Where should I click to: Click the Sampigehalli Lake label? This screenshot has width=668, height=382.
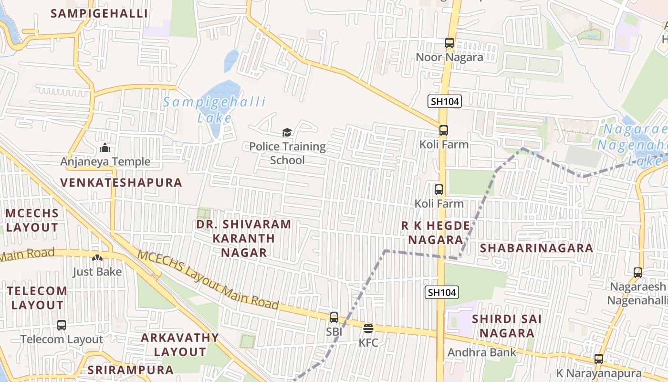point(215,110)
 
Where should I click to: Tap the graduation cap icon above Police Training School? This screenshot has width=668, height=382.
point(287,132)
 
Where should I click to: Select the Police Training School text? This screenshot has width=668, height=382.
point(287,153)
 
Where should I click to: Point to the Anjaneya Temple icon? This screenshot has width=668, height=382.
point(105,148)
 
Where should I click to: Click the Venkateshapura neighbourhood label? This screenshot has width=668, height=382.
point(121,182)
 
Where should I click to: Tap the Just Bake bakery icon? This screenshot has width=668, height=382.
point(97,258)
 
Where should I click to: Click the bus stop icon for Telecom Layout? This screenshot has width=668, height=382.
point(62,325)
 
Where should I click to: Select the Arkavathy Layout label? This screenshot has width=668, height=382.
point(180,345)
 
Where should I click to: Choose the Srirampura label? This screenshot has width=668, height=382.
point(130,370)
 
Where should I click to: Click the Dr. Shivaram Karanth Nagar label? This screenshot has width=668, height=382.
point(243,238)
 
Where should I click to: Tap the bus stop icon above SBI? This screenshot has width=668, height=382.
point(334,317)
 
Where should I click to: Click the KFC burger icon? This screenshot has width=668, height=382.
point(368,329)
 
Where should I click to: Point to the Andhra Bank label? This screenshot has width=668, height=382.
point(481,353)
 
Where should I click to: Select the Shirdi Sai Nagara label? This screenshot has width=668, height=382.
point(506,326)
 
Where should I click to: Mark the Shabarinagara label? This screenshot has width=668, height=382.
point(536,248)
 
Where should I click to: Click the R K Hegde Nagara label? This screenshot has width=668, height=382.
point(432,233)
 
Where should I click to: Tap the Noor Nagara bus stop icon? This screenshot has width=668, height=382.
point(449,43)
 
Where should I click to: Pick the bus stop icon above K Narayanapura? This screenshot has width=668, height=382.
point(599,359)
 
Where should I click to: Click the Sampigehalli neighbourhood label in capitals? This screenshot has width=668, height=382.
point(99,13)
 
